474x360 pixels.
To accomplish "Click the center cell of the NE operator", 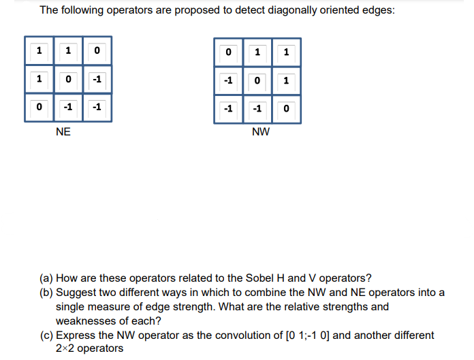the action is click(68, 79).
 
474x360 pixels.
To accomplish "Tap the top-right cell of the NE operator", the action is click(97, 50).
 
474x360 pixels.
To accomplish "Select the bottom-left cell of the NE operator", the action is click(39, 108).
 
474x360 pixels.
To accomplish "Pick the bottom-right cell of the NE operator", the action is click(97, 108).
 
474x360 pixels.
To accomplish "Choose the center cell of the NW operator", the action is click(257, 80).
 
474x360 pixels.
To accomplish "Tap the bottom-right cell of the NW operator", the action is click(286, 109).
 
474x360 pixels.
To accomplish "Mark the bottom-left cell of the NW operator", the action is click(228, 109).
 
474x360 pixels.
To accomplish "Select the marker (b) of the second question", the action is click(46, 293).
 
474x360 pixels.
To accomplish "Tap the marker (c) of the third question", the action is click(46, 336).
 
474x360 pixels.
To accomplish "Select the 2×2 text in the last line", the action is click(66, 348).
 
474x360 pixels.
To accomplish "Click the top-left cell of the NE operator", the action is click(39, 50).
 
